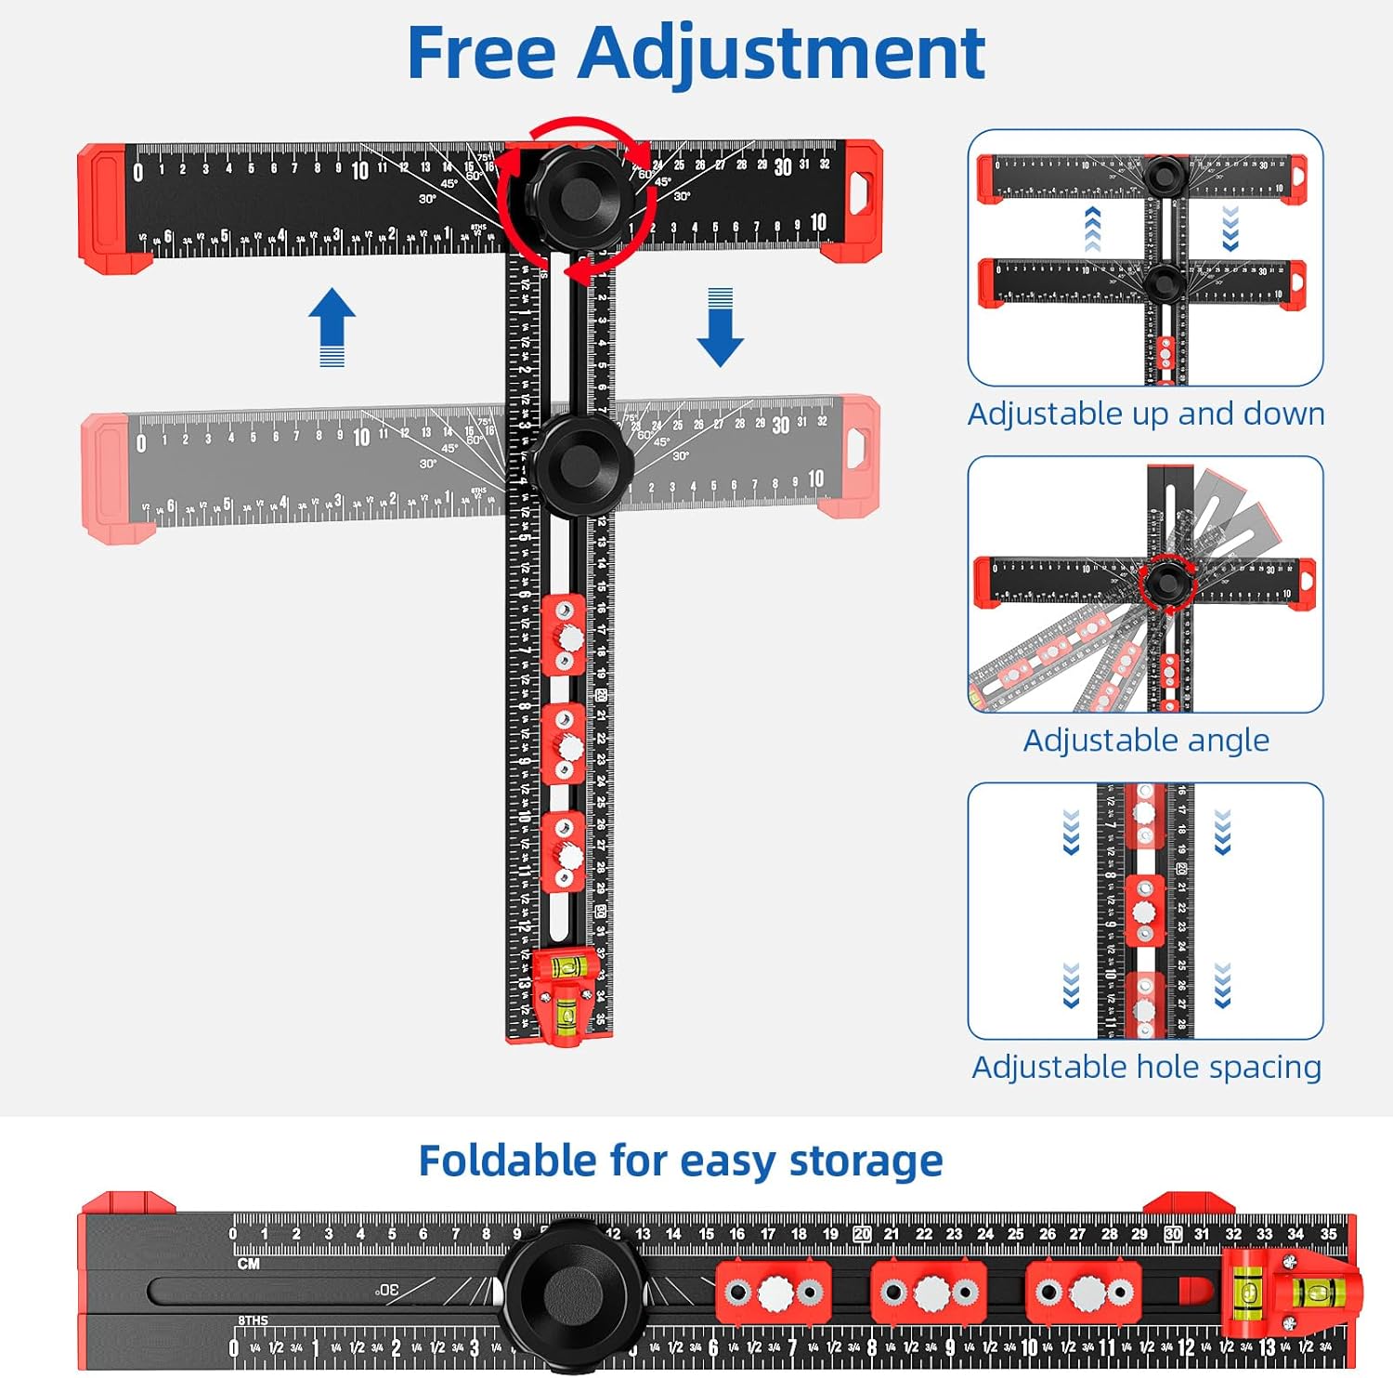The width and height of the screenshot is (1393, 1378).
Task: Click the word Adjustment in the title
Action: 781,54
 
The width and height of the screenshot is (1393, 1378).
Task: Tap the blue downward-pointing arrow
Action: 720,327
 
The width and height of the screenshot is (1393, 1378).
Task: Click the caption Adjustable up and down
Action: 1146,413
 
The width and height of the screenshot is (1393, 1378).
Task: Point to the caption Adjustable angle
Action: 1146,741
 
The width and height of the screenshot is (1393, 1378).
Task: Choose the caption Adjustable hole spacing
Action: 1146,1067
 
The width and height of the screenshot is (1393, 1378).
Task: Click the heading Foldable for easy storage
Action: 681,1161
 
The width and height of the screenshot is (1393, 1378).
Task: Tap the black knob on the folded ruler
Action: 568,1293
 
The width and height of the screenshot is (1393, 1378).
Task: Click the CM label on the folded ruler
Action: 248,1265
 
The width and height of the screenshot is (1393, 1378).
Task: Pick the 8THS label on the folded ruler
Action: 253,1319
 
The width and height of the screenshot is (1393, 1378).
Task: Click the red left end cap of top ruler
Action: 105,206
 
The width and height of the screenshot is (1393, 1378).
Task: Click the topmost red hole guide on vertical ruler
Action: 564,637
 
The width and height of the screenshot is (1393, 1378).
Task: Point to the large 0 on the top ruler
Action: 138,172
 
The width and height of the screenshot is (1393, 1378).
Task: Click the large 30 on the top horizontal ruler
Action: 783,168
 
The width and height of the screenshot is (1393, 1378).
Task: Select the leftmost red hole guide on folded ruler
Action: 773,1292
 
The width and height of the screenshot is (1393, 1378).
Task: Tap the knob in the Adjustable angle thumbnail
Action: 1163,583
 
